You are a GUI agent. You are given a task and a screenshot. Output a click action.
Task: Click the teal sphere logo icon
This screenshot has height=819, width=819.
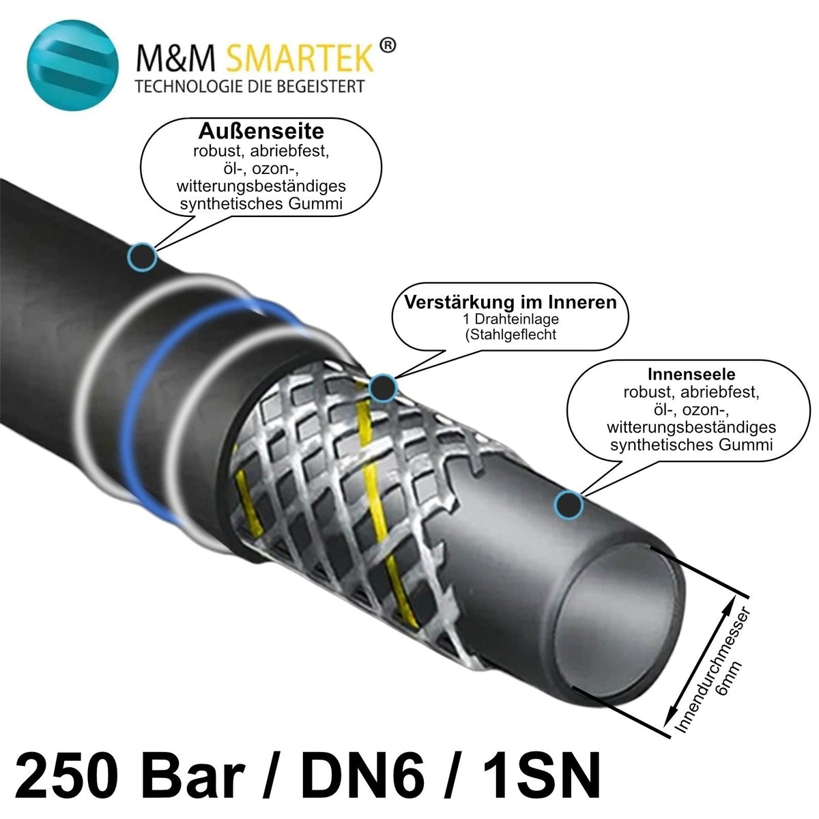[72, 65]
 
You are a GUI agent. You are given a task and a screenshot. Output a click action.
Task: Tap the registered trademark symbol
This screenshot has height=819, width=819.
[387, 46]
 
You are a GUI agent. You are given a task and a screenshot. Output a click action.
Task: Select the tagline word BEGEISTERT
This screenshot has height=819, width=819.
[321, 86]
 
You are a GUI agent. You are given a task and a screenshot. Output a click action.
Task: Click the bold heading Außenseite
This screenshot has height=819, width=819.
[261, 131]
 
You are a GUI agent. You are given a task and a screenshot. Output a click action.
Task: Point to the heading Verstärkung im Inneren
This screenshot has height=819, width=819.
[510, 302]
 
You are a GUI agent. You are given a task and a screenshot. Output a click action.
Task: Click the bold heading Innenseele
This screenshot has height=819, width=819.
[691, 374]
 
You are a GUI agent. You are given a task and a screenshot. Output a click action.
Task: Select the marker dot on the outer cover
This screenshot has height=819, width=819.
[142, 257]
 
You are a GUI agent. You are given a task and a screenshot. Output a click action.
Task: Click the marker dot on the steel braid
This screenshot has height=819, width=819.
[383, 388]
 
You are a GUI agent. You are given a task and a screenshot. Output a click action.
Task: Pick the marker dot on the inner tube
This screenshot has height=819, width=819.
[569, 505]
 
